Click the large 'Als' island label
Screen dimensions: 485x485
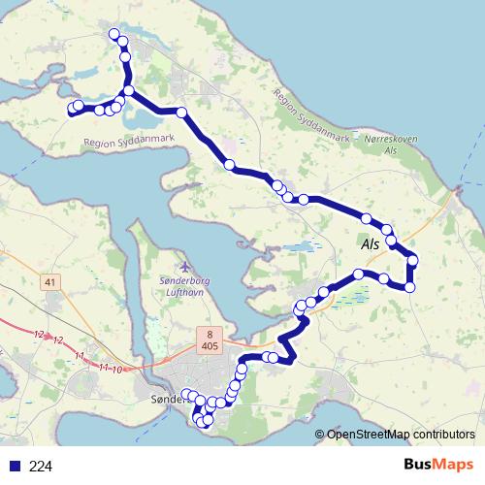pos(370,246)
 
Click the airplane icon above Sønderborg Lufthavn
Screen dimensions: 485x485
pos(187,265)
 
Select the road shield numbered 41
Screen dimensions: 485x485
pos(50,282)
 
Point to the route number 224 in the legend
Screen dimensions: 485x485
pos(41,467)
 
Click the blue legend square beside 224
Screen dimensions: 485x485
pos(13,467)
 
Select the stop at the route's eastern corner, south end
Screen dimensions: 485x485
pos(409,286)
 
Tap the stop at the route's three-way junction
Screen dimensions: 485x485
pos(128,91)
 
